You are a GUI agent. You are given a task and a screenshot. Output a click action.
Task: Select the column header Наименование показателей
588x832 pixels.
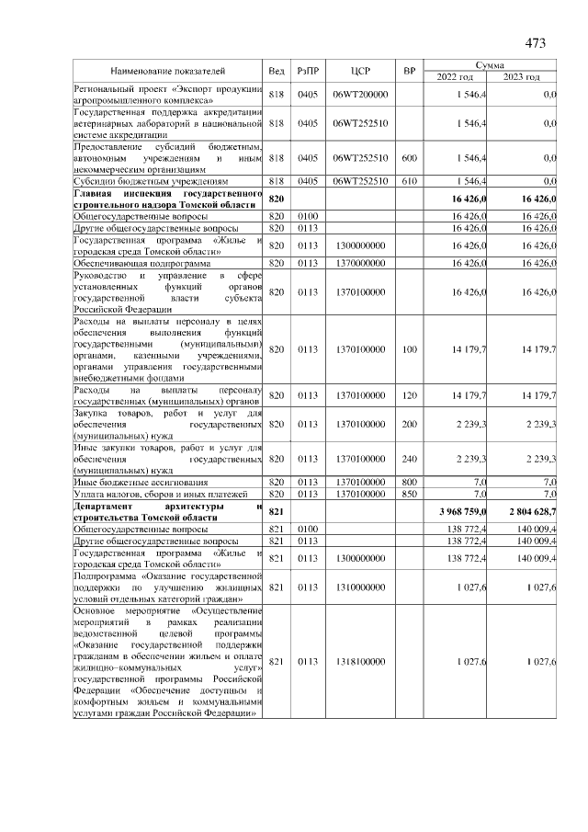click(168, 71)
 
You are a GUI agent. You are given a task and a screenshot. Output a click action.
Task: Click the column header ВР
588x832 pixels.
click(410, 71)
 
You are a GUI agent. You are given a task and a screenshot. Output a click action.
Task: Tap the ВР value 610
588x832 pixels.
click(410, 183)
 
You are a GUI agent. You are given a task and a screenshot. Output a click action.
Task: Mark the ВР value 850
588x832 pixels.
click(410, 495)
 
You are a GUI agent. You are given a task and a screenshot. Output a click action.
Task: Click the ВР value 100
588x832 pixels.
click(410, 349)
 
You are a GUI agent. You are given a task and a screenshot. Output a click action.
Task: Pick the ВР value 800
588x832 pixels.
click(410, 482)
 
